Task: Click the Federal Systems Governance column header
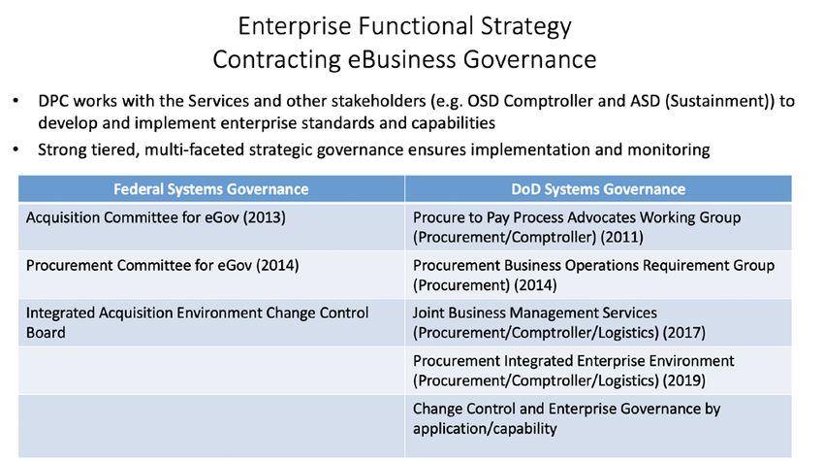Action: coord(211,189)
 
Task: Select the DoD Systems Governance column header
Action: coord(598,189)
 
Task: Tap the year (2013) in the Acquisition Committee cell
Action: coord(265,217)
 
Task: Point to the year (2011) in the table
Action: coord(621,238)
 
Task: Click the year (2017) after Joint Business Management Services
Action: coord(684,333)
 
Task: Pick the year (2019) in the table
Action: coord(684,381)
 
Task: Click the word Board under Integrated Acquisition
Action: coord(46,333)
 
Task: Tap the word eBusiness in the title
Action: coord(401,59)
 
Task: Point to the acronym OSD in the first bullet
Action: coord(483,101)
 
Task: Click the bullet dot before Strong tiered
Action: coord(16,150)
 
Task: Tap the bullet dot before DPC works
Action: coord(16,101)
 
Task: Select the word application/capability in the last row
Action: coord(485,429)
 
